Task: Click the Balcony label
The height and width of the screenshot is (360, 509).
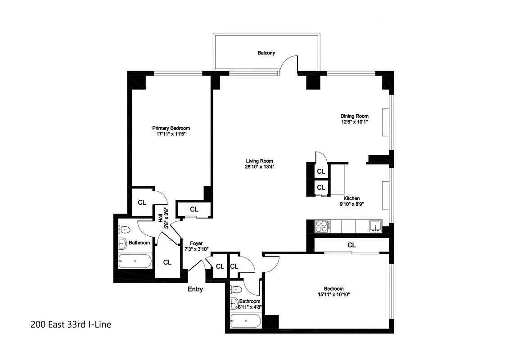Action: point(266,53)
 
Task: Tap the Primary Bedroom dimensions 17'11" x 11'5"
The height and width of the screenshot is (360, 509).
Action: point(171,134)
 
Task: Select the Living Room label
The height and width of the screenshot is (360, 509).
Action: point(259,161)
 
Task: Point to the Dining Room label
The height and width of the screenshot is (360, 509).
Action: point(354,116)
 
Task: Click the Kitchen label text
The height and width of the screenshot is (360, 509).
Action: point(351,198)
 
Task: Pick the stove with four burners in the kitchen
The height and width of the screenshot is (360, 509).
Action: point(322,226)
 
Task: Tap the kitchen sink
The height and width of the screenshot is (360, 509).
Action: point(375,226)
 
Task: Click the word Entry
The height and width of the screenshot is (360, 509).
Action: point(195,289)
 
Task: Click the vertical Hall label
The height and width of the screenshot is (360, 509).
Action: point(160,217)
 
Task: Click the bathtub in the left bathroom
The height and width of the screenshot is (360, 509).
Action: point(135,261)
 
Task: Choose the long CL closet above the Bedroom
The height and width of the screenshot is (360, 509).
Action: point(351,245)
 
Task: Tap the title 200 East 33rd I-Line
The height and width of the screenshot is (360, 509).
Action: point(71,324)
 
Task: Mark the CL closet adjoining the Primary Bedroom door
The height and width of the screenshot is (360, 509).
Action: point(142,202)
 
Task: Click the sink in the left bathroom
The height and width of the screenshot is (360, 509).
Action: point(122,243)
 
